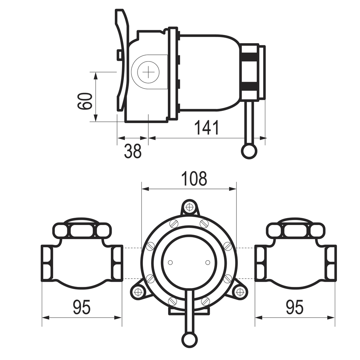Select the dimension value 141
coord(207,128)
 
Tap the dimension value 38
coord(133,151)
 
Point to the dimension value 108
coord(194,179)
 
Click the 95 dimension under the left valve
coord(82,307)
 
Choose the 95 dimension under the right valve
coord(295,307)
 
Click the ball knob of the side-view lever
coord(249,151)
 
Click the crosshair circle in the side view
coord(148,72)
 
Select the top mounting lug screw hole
coord(189,207)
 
